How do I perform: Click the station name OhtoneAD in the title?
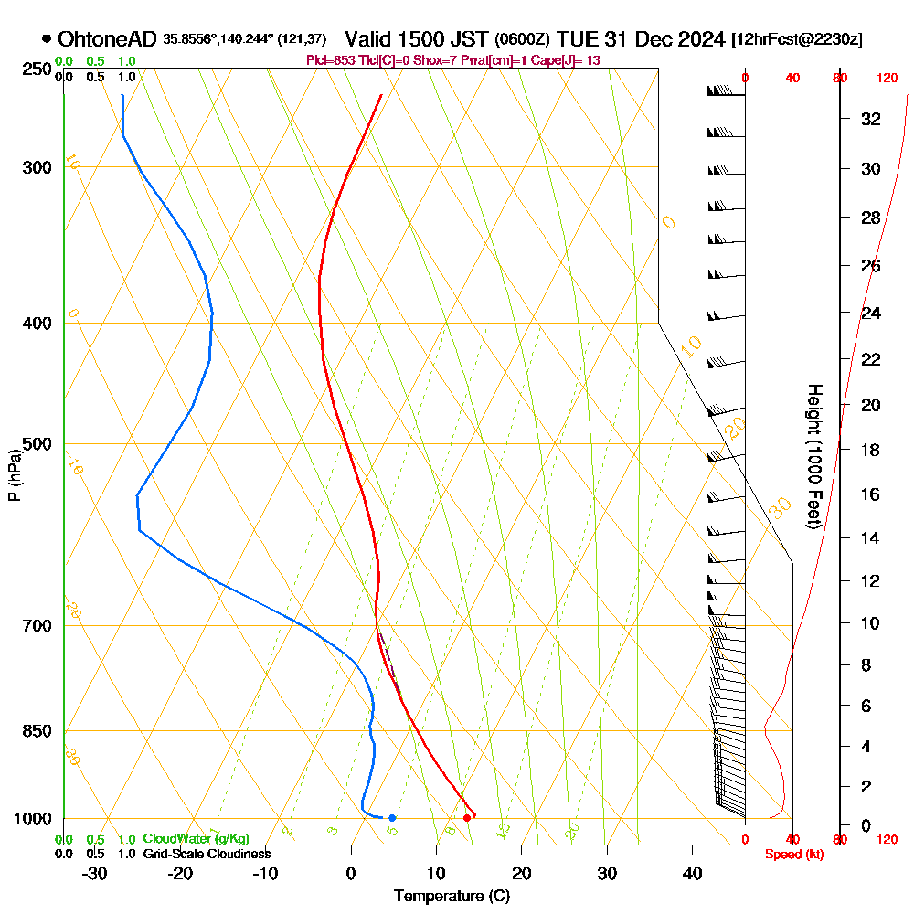click(108, 39)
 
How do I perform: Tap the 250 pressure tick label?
click(34, 69)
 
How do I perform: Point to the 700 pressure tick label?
click(34, 626)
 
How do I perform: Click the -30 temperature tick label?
click(94, 874)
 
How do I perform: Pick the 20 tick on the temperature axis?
click(522, 874)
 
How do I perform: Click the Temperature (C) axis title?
click(452, 897)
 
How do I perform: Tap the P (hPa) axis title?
click(14, 474)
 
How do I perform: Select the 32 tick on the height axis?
click(871, 119)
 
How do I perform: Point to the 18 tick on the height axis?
click(871, 450)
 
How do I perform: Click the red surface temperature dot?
click(467, 818)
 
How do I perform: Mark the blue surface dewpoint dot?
click(392, 818)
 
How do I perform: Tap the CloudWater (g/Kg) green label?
click(196, 839)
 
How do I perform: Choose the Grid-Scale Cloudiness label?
click(207, 854)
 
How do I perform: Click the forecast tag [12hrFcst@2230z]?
click(796, 40)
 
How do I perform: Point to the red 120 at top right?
click(887, 79)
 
